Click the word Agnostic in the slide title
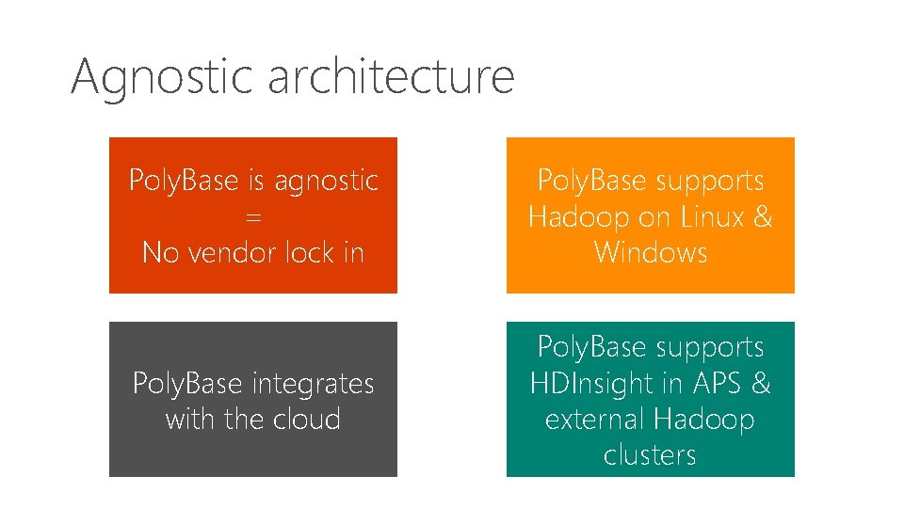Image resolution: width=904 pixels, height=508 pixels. [x=163, y=77]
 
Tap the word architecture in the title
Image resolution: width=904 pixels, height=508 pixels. [x=391, y=75]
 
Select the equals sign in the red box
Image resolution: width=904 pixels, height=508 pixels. [x=252, y=217]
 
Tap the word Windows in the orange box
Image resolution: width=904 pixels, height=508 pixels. [x=650, y=253]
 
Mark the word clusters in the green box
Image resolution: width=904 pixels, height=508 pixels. [x=650, y=455]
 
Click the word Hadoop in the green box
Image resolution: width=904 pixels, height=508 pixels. [x=704, y=420]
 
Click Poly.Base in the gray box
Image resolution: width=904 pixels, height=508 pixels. [x=187, y=384]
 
